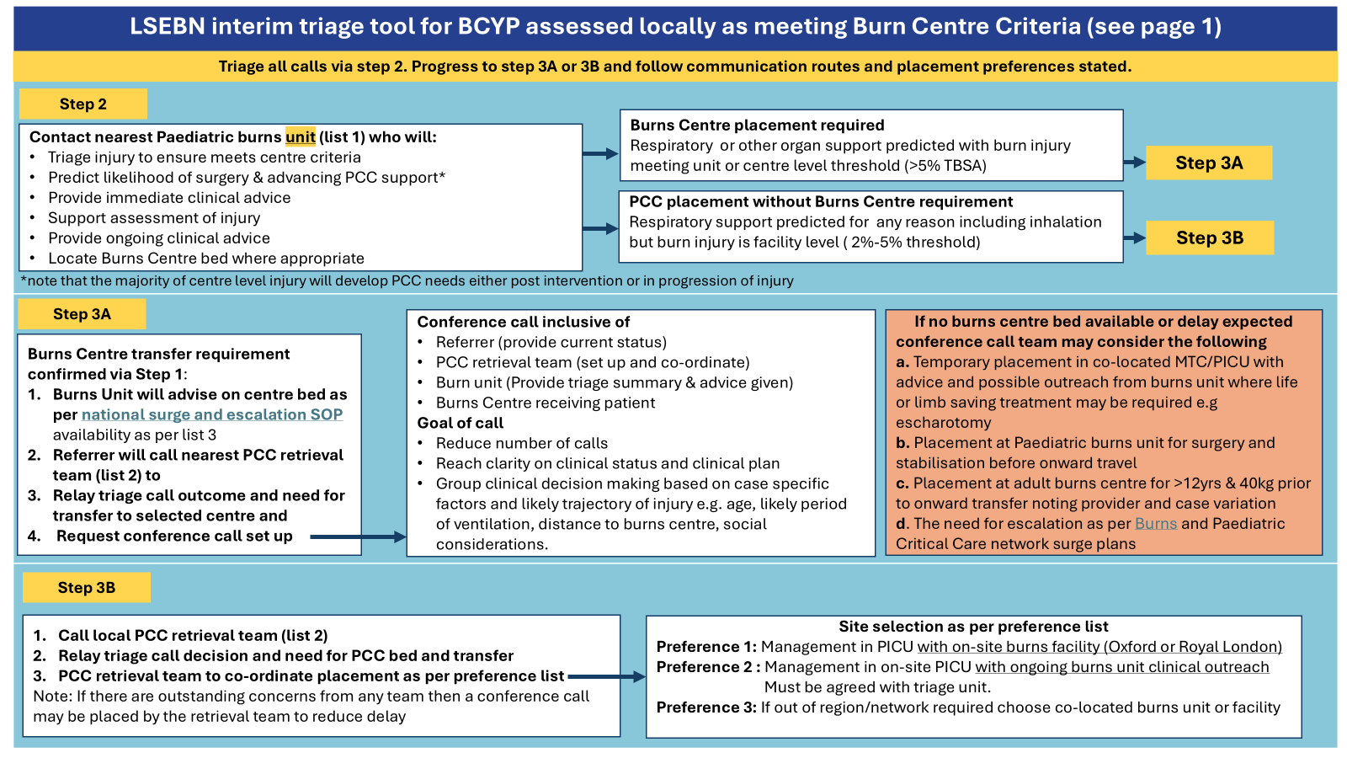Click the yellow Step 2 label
coord(83,104)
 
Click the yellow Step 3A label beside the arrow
coord(1208,163)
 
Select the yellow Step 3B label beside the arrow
coord(1209,238)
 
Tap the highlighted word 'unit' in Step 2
coord(301,137)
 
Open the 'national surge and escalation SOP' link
coord(211,414)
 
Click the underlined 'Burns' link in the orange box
coord(1155,524)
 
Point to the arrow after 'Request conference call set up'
coord(358,536)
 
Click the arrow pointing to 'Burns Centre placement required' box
coord(600,153)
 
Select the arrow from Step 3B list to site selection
coord(606,676)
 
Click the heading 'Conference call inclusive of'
coord(523,322)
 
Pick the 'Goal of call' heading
coord(460,423)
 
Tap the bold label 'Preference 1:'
coord(706,647)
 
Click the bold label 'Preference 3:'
coord(706,707)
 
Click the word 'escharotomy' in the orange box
coord(943,423)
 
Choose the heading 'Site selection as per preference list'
coord(973,627)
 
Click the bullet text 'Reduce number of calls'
coord(521,443)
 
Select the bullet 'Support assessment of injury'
coord(154,218)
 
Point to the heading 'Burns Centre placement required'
coord(757,125)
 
